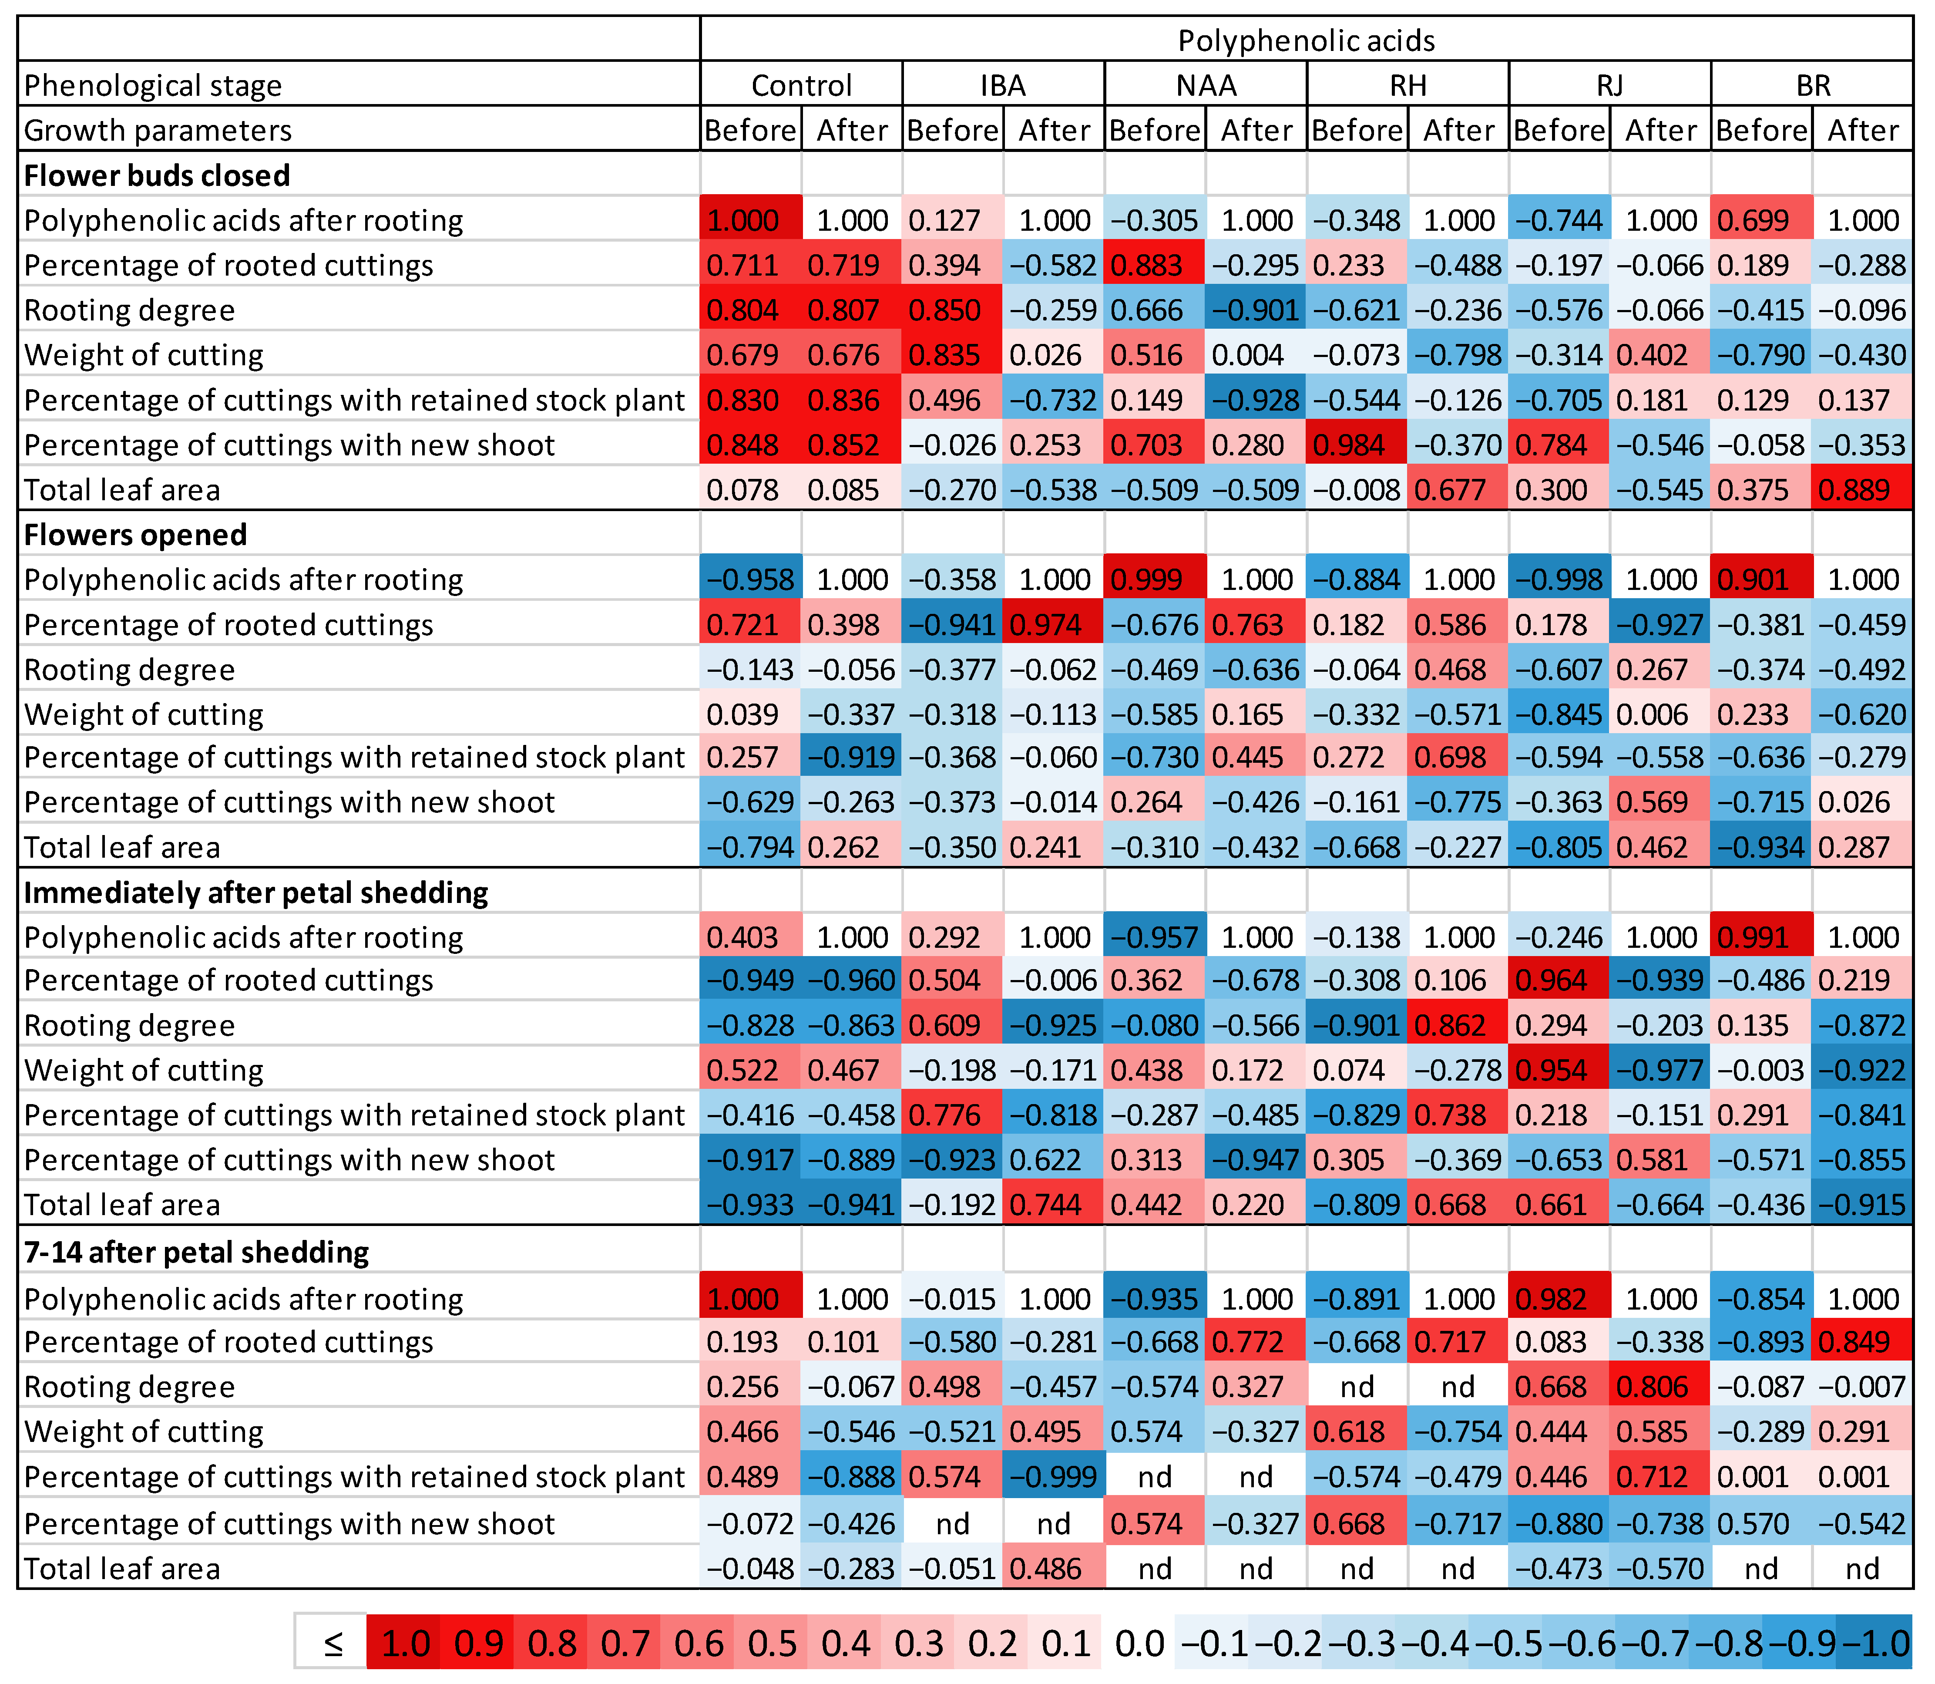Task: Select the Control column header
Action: pos(801,85)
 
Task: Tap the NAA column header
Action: pos(1206,85)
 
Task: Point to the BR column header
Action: pos(1812,85)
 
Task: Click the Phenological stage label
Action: pos(153,85)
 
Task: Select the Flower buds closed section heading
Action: pos(157,176)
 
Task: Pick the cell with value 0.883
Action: pos(1154,266)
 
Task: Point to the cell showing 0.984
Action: pos(1357,445)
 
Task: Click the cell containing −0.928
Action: pos(1256,401)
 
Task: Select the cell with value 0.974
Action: pos(1054,625)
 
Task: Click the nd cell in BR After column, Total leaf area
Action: pos(1863,1569)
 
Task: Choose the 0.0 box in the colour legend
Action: pos(1139,1644)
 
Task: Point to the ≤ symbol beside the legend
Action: pos(332,1644)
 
